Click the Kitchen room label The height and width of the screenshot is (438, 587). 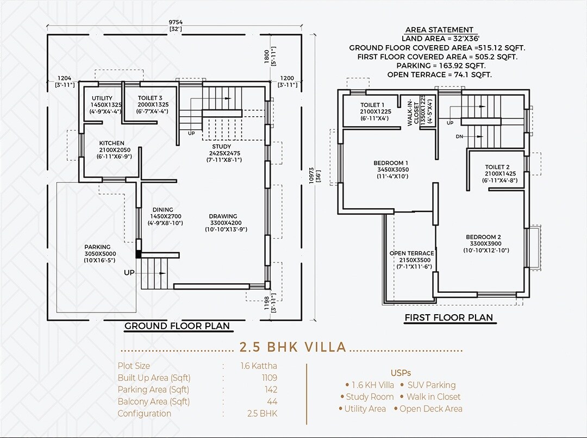pyautogui.click(x=111, y=143)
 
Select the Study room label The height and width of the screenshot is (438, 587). pyautogui.click(x=221, y=147)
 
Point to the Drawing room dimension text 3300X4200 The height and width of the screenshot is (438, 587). pyautogui.click(x=223, y=223)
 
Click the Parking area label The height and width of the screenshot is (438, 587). pyautogui.click(x=97, y=247)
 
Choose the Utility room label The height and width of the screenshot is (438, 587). pyautogui.click(x=102, y=98)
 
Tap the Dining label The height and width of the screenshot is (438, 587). pyautogui.click(x=163, y=210)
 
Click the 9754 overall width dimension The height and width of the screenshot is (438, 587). pyautogui.click(x=175, y=22)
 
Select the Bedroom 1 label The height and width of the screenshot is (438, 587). pyautogui.click(x=391, y=163)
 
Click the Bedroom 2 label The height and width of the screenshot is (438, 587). pyautogui.click(x=483, y=237)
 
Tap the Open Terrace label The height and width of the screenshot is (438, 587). pyautogui.click(x=411, y=253)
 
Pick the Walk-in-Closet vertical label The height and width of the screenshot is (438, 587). pyautogui.click(x=413, y=112)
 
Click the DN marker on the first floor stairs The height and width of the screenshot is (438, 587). pyautogui.click(x=459, y=136)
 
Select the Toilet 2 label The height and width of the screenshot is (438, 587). pyautogui.click(x=497, y=167)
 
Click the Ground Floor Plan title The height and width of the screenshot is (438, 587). pyautogui.click(x=177, y=326)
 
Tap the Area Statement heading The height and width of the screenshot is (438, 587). pyautogui.click(x=439, y=30)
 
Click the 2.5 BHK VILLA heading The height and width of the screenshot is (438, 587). pyautogui.click(x=292, y=347)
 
